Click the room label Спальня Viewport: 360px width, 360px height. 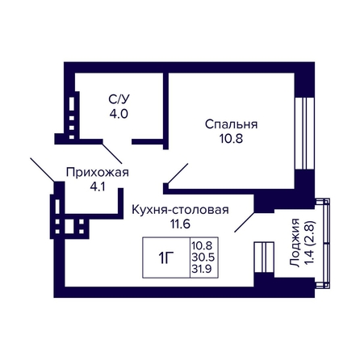pos(231,125)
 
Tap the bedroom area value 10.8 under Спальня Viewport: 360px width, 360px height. pos(231,139)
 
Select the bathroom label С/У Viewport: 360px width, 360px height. pos(119,99)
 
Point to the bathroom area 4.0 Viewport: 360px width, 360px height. pos(119,114)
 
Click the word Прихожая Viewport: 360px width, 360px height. pos(98,173)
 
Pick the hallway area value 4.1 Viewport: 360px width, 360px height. pos(98,186)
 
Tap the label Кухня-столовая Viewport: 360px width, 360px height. pos(180,210)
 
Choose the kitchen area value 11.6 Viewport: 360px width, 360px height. pos(181,224)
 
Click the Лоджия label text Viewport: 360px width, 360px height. pos(295,243)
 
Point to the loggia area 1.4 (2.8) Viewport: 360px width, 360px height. pos(310,243)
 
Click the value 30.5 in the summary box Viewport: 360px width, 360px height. pos(203,257)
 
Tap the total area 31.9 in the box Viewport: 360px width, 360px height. pos(202,269)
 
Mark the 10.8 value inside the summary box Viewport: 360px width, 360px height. pos(202,245)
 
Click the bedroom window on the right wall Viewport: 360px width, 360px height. pos(304,133)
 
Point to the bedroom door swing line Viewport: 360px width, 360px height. pos(178,174)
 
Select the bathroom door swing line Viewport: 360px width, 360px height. pos(112,153)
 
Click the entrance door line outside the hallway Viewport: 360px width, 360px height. pos(43,170)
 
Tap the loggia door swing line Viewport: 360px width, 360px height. pos(245,222)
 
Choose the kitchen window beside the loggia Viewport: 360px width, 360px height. pos(264,257)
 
